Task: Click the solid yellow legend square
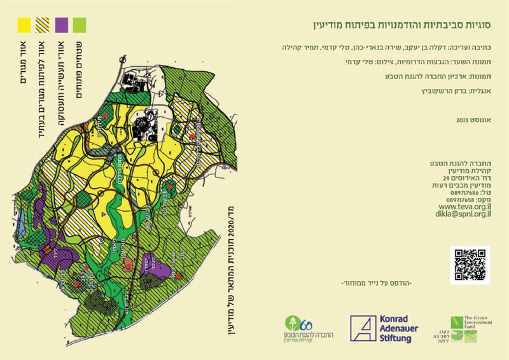click(23, 24)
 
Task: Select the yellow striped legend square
click(43, 24)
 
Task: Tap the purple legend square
click(62, 24)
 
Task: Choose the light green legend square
click(80, 24)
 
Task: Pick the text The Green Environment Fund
click(473, 321)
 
